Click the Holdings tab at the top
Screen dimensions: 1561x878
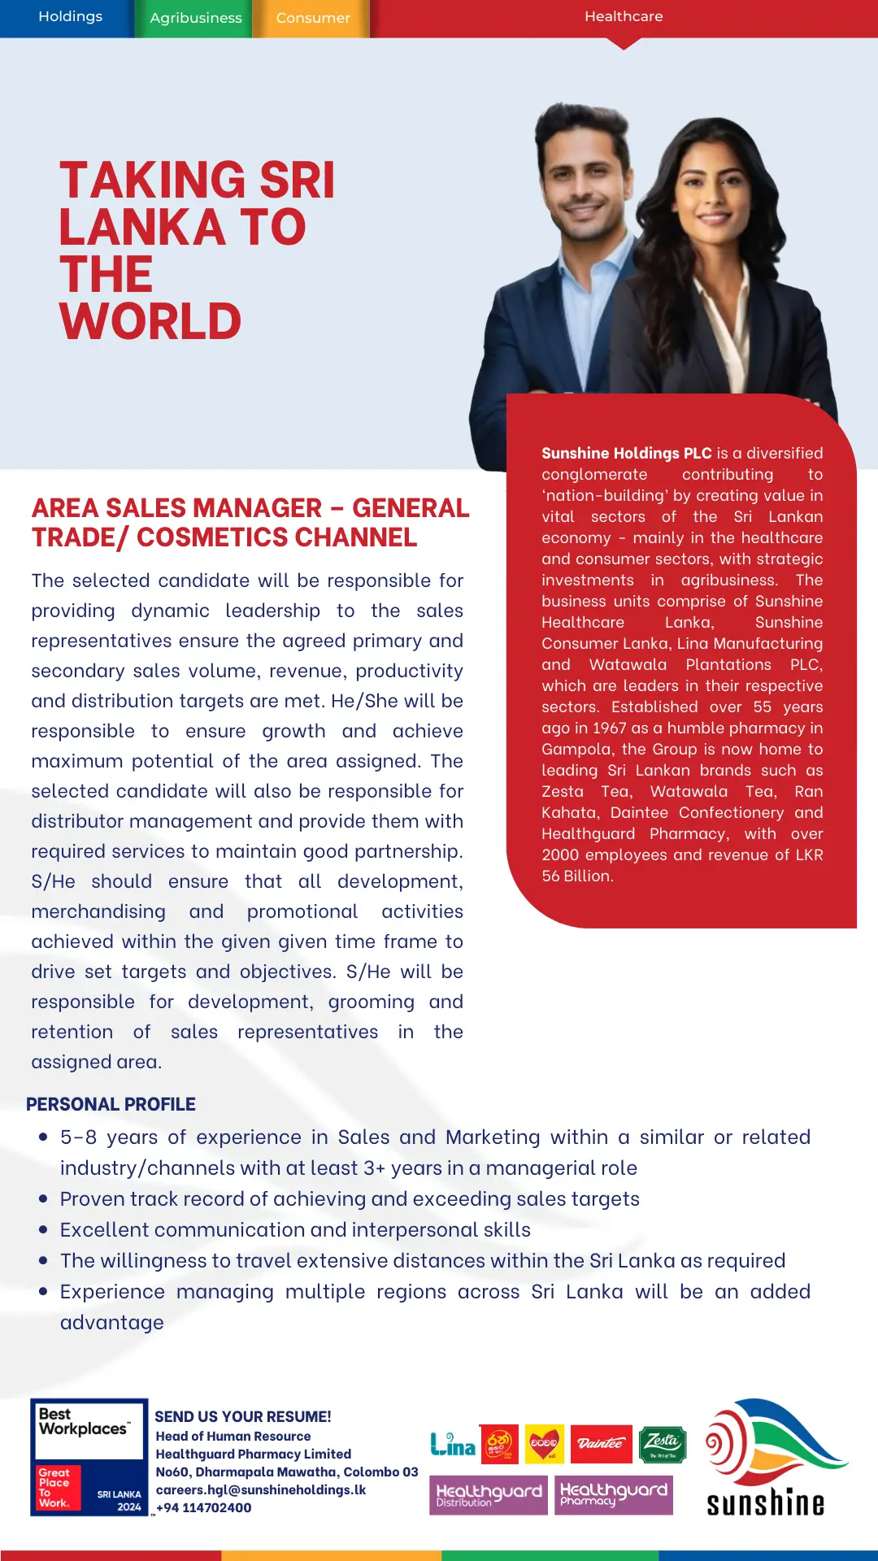point(70,17)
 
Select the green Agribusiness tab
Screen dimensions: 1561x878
point(196,18)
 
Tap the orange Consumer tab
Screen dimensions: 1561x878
point(313,18)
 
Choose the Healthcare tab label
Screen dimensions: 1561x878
point(624,16)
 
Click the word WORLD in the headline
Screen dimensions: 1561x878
point(150,322)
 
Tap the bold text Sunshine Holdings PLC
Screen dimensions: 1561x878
point(626,453)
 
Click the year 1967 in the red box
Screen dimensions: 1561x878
point(609,728)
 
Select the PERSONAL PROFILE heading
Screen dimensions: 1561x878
point(111,1104)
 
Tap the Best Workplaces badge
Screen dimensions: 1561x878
point(89,1456)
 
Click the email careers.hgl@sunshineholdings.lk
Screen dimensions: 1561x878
point(260,1489)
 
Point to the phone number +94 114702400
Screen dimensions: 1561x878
point(203,1507)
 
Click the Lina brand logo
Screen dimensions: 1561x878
point(453,1445)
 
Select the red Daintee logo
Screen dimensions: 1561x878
point(601,1444)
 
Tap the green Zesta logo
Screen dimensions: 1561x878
point(663,1444)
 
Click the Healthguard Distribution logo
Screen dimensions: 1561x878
point(489,1494)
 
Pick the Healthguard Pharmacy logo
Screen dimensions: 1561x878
point(614,1494)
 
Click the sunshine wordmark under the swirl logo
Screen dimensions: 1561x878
point(765,1503)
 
